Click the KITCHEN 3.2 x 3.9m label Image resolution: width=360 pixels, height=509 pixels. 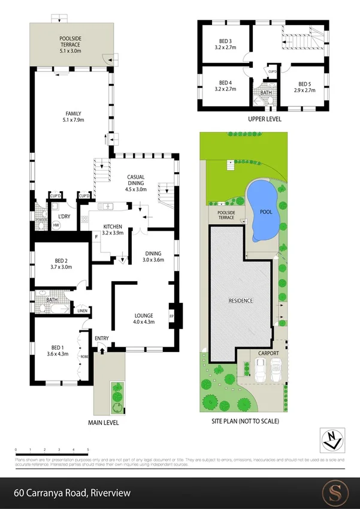(x=108, y=229)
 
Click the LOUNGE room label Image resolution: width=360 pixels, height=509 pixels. (x=144, y=318)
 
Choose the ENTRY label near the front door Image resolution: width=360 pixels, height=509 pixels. (x=102, y=339)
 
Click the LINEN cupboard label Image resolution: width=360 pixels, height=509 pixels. (x=83, y=311)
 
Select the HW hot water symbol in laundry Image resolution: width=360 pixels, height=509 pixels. (x=57, y=225)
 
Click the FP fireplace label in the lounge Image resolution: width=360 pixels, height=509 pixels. (x=171, y=316)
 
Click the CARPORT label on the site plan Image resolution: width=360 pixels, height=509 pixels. (x=269, y=354)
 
